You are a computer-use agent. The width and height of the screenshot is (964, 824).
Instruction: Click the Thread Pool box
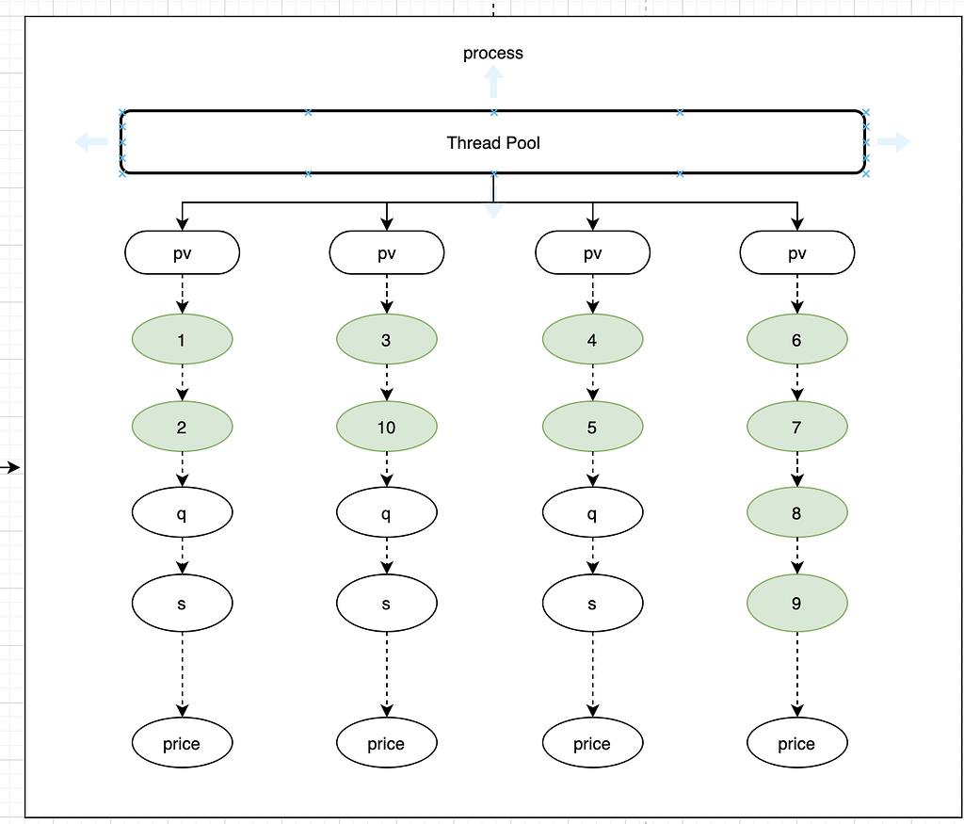pos(492,143)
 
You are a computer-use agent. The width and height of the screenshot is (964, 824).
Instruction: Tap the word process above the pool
pos(492,54)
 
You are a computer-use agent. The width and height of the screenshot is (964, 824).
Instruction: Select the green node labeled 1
pos(182,339)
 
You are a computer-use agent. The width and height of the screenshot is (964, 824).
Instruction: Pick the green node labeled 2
pos(182,427)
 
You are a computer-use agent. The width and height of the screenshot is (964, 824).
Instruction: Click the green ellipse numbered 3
pos(386,339)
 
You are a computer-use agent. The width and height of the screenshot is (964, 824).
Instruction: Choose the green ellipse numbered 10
pos(386,427)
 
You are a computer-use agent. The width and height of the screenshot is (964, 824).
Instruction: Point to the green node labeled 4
pos(592,339)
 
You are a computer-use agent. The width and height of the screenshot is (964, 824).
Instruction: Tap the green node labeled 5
pos(592,427)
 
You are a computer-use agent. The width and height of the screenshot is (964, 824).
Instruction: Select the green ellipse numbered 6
pos(796,339)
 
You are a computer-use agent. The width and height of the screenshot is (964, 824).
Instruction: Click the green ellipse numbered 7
pos(796,427)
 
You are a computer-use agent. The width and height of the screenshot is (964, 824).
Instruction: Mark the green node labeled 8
pos(796,513)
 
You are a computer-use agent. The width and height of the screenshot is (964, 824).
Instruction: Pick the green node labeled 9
pos(796,603)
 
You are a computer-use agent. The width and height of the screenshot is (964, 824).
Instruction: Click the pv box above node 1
pos(182,252)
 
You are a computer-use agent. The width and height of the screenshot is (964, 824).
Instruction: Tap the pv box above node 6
pos(796,252)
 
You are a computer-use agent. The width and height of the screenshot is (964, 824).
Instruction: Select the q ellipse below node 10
pos(386,513)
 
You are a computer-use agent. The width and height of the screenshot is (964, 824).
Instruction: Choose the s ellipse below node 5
pos(592,603)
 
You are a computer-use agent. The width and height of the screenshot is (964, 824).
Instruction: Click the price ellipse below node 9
pos(796,744)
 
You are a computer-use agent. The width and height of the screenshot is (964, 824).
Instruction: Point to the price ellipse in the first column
pos(182,744)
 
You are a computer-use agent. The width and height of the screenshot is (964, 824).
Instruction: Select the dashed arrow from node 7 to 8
pos(797,470)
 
